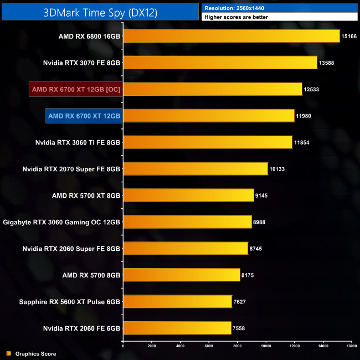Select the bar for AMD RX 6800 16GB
click(231, 36)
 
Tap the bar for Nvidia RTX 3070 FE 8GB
click(220, 63)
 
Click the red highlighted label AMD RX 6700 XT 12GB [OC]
click(76, 89)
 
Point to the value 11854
click(302, 142)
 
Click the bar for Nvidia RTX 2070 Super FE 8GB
click(195, 169)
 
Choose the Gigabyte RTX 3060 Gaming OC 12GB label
click(61, 222)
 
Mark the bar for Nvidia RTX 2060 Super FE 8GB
click(185, 249)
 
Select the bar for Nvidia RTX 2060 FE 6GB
click(177, 328)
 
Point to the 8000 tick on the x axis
click(238, 346)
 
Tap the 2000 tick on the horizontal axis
click(152, 346)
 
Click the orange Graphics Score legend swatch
click(8, 353)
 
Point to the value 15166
click(349, 36)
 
